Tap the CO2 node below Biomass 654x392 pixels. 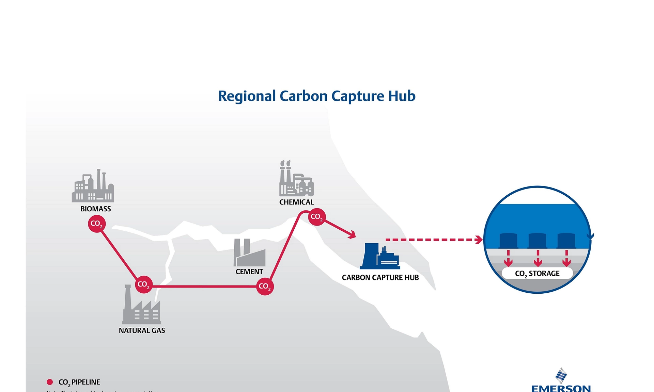(97, 224)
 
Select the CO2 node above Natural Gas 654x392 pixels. (144, 284)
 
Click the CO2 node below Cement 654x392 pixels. (265, 287)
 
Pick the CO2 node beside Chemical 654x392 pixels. (317, 217)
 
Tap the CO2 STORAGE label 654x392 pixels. (537, 274)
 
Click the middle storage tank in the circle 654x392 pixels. (538, 240)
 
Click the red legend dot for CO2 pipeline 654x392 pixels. (50, 382)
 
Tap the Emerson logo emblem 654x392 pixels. (561, 375)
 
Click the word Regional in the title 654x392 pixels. (247, 96)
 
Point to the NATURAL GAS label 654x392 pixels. (142, 330)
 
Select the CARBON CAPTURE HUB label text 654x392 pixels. (380, 278)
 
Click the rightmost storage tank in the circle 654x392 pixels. (566, 240)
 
